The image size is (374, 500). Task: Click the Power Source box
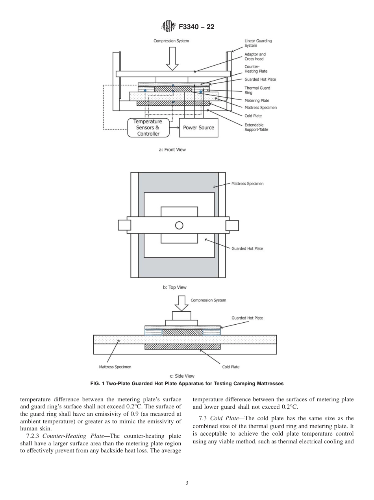[x=198, y=128]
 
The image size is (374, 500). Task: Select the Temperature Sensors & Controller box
[x=148, y=128]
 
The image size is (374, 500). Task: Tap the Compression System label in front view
[x=171, y=41]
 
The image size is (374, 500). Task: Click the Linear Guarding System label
[x=258, y=43]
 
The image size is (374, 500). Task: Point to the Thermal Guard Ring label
[x=257, y=90]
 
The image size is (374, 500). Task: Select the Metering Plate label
[x=257, y=101]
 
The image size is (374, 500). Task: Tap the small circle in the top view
[x=179, y=225]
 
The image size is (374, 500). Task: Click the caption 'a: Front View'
[x=172, y=150]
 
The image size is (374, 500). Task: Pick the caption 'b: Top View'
[x=175, y=287]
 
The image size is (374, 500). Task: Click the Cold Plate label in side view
[x=231, y=367]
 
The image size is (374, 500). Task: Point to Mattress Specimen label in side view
[x=115, y=367]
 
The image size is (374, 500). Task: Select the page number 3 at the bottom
[x=187, y=483]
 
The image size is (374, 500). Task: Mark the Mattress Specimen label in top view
[x=247, y=184]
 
